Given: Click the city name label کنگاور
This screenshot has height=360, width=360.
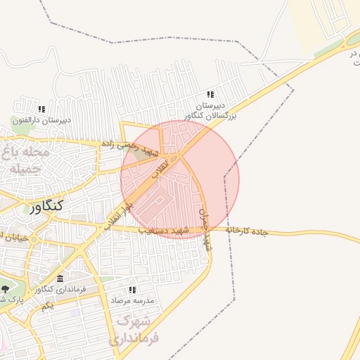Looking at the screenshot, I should pos(46,206).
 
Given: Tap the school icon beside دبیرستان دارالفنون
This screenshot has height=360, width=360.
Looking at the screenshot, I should pos(41,109).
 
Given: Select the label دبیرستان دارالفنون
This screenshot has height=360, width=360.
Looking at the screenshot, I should pos(41,120).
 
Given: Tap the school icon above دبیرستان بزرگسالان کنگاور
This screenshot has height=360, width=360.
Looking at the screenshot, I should pos(210,94).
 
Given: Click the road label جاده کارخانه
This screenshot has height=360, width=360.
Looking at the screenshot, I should pos(247,231).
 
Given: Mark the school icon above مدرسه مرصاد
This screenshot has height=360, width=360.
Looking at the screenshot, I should pos(132,290).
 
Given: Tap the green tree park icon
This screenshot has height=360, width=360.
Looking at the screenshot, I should pos(6,288).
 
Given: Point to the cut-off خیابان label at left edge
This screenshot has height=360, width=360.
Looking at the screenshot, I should pos(13,237).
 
